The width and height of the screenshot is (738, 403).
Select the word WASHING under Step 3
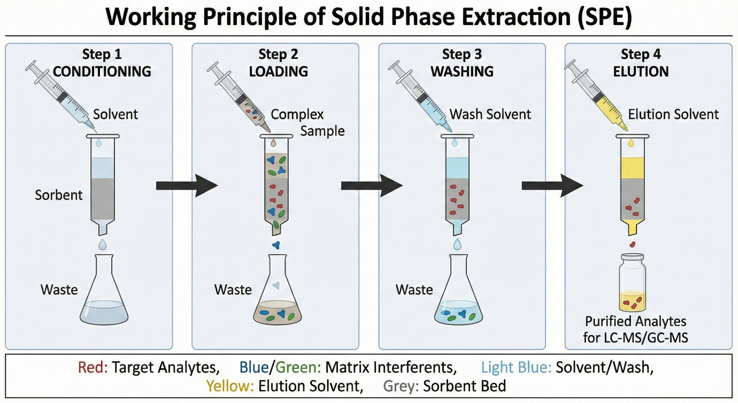pyautogui.click(x=462, y=71)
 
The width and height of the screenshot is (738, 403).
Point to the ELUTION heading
pyautogui.click(x=641, y=71)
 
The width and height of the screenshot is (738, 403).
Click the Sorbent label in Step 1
pyautogui.click(x=59, y=195)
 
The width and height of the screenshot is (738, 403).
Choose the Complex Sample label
pyautogui.click(x=305, y=123)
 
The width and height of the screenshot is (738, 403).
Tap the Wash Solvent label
pyautogui.click(x=490, y=114)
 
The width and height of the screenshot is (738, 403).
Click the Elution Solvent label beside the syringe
pyautogui.click(x=673, y=114)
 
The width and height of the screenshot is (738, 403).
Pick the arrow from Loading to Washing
pyautogui.click(x=371, y=186)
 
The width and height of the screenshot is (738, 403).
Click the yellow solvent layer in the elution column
pyautogui.click(x=633, y=168)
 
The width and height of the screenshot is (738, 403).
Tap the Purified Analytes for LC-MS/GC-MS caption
pyautogui.click(x=635, y=330)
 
